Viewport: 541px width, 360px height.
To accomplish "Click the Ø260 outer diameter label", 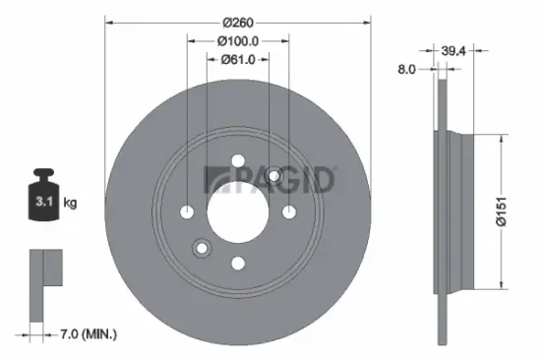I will [238, 22].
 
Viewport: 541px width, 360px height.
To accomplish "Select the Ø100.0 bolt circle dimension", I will [238, 41].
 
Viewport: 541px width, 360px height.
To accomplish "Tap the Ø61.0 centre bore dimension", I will [238, 59].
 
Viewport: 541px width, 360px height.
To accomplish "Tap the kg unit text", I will [70, 204].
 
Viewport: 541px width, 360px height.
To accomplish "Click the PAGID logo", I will [270, 180].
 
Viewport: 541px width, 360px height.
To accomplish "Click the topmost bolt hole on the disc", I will [238, 162].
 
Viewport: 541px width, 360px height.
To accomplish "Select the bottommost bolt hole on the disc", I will [238, 262].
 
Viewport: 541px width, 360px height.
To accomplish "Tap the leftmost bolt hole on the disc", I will [188, 211].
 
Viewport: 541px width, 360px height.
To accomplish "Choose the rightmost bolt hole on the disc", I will [288, 211].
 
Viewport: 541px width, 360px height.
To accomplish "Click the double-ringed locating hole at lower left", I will [202, 248].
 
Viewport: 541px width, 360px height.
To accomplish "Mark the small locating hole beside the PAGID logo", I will [274, 176].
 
